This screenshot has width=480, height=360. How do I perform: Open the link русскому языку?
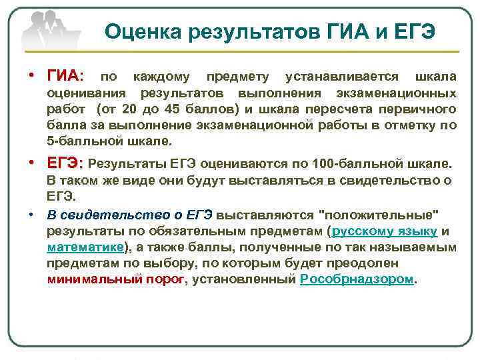click(384, 231)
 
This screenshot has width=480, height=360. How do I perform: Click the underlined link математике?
click(85, 247)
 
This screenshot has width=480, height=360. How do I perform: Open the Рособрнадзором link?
click(357, 279)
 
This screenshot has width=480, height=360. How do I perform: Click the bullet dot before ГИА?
click(31, 75)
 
